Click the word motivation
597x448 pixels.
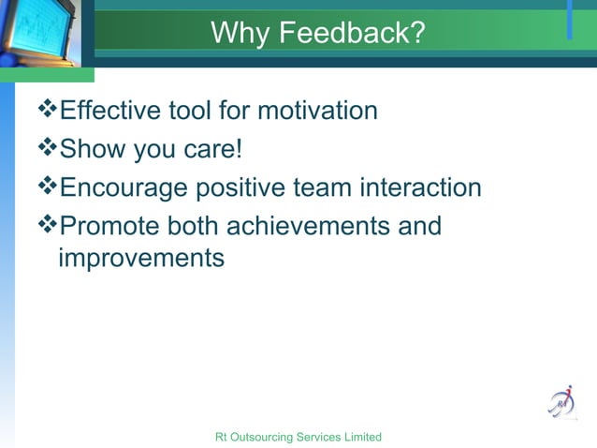(317, 112)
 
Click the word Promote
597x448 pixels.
(109, 227)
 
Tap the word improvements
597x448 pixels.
(141, 257)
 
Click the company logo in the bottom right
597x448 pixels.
(561, 401)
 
